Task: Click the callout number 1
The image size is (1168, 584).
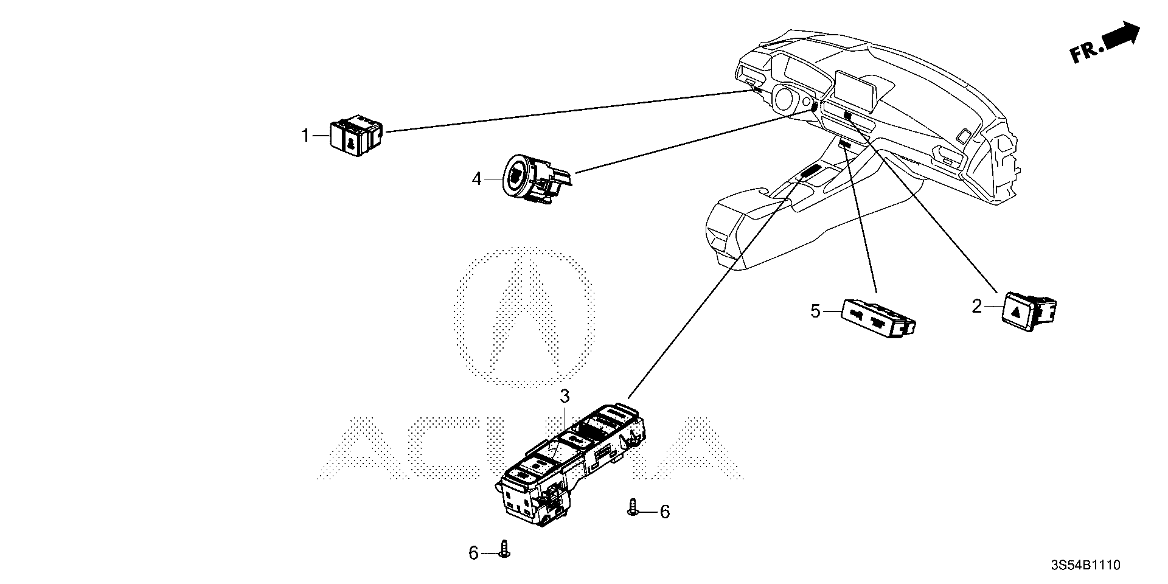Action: click(x=306, y=136)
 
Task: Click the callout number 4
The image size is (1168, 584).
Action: click(x=477, y=179)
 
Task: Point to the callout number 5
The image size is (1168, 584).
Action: click(x=816, y=312)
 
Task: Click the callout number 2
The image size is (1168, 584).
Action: click(x=976, y=307)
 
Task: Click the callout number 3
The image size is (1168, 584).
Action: click(x=565, y=397)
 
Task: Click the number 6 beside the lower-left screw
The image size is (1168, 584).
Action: click(x=473, y=553)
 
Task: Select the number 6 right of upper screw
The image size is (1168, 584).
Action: click(x=664, y=512)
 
